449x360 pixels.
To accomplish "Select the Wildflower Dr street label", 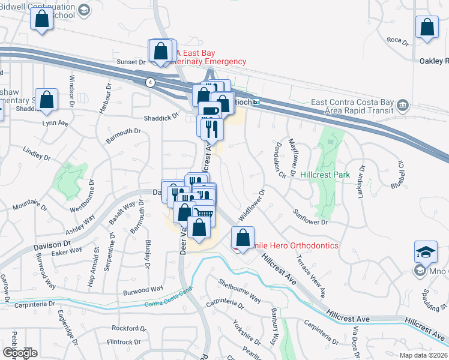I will pyautogui.click(x=252, y=204).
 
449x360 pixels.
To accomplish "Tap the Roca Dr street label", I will pyautogui.click(x=397, y=41).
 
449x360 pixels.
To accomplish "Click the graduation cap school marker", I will pyautogui.click(x=426, y=252).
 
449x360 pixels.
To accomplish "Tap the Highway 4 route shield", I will pyautogui.click(x=150, y=81).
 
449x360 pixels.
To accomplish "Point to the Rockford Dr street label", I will pyautogui.click(x=129, y=328).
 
